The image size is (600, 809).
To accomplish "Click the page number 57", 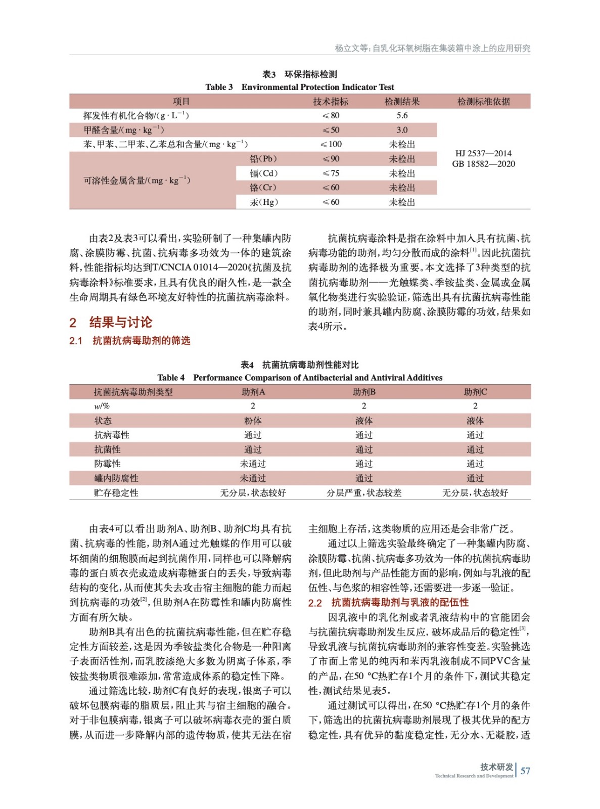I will pos(525,771).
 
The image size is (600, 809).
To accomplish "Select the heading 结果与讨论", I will pos(120,322).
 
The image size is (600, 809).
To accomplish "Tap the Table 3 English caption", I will pos(299,87).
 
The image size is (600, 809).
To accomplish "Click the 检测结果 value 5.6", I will pos(402,115).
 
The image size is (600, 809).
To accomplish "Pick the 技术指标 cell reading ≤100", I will pos(331,144).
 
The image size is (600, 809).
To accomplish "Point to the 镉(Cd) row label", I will pos(263,173).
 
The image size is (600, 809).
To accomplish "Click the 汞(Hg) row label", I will pos(263,202).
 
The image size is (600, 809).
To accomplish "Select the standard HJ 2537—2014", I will pos(483,153).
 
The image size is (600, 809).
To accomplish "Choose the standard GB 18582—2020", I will pos(483,164).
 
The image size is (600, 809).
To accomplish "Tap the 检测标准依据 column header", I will pos(483,101).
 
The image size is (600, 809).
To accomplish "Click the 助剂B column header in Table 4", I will pos(364,392).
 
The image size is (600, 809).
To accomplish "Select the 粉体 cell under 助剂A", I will pos(253,421).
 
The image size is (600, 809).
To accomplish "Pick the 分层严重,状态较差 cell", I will pos(364,492).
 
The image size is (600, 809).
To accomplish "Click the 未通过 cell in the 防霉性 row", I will pos(253,464).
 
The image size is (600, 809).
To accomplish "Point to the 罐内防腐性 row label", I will pos(116,478).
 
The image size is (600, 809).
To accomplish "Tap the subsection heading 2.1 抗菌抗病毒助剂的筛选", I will pos(130,341).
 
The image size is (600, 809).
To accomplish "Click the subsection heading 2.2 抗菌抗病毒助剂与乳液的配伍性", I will pos(388,603).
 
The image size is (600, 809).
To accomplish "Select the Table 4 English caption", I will pos(299,378).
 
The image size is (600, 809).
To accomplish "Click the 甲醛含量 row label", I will pos(124,130).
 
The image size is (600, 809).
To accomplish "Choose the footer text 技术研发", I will pos(496,767).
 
